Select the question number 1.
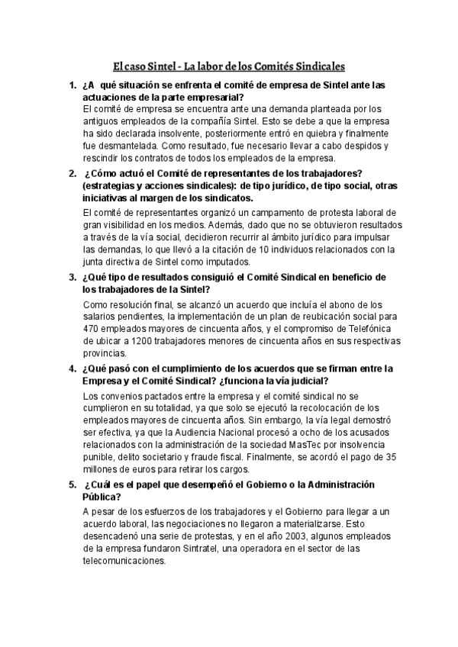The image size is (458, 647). click(71, 86)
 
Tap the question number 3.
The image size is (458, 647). click(71, 276)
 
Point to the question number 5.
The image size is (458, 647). click(71, 484)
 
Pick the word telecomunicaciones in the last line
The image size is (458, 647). click(124, 561)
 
